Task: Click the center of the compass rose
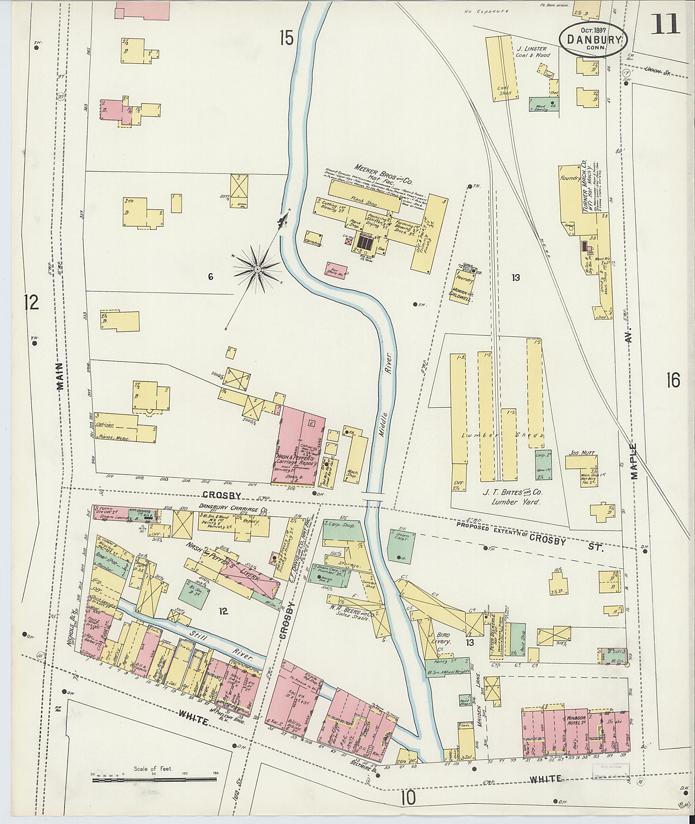click(x=257, y=269)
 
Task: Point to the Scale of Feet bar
click(x=155, y=779)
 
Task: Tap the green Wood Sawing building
click(x=544, y=104)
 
